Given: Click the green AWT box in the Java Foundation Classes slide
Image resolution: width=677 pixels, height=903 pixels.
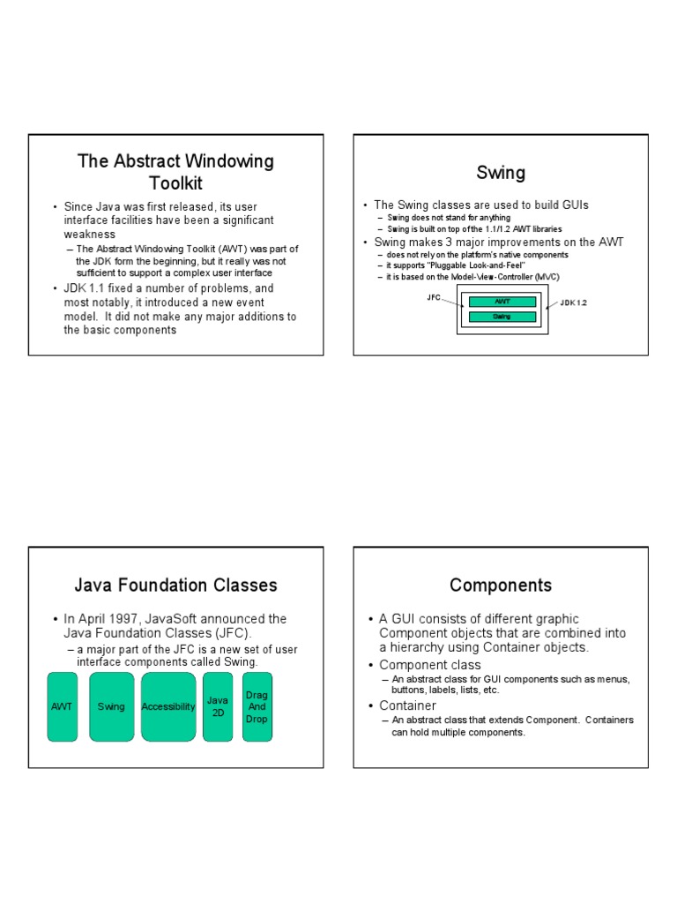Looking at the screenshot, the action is (62, 706).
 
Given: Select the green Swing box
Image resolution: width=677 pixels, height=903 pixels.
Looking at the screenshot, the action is (112, 706).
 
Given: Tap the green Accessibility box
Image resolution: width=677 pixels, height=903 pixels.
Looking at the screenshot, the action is (167, 706).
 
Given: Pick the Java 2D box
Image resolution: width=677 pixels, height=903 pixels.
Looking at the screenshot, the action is (218, 706).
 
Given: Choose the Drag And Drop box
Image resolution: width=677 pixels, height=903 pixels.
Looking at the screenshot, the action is (257, 706).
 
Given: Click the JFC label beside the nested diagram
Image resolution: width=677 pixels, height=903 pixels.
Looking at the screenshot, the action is (434, 297).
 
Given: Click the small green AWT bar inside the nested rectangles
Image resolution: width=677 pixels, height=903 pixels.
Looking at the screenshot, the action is (502, 302).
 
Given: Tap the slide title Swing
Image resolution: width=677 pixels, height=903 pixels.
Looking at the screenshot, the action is (501, 173).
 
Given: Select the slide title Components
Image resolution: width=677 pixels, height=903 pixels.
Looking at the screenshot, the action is (501, 585).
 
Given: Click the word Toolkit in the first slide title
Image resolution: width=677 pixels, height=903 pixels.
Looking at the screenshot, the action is (175, 183).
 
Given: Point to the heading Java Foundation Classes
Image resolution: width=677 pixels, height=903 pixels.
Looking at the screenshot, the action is (176, 585).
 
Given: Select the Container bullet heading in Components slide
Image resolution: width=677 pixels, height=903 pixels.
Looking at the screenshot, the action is (407, 705).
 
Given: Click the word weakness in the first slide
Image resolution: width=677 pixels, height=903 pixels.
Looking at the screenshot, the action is (90, 234).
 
